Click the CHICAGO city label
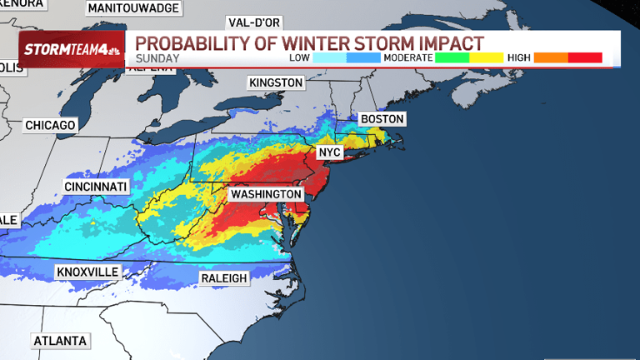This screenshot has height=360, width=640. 50,125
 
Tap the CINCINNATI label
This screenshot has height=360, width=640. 96,186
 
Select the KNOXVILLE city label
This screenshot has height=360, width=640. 87,272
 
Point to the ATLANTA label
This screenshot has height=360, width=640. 59,342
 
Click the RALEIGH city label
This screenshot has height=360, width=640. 224,277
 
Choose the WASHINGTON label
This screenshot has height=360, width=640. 266,194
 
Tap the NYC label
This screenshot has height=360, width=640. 330,153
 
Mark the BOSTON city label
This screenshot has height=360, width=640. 382,119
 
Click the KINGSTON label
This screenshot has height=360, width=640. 275,82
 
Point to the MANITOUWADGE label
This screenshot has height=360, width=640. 133,7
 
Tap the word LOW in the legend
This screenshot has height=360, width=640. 301,57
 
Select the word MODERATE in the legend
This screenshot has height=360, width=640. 408,57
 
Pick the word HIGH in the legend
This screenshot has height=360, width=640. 518,57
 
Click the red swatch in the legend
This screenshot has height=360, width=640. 585,57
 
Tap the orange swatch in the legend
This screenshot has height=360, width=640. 551,57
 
